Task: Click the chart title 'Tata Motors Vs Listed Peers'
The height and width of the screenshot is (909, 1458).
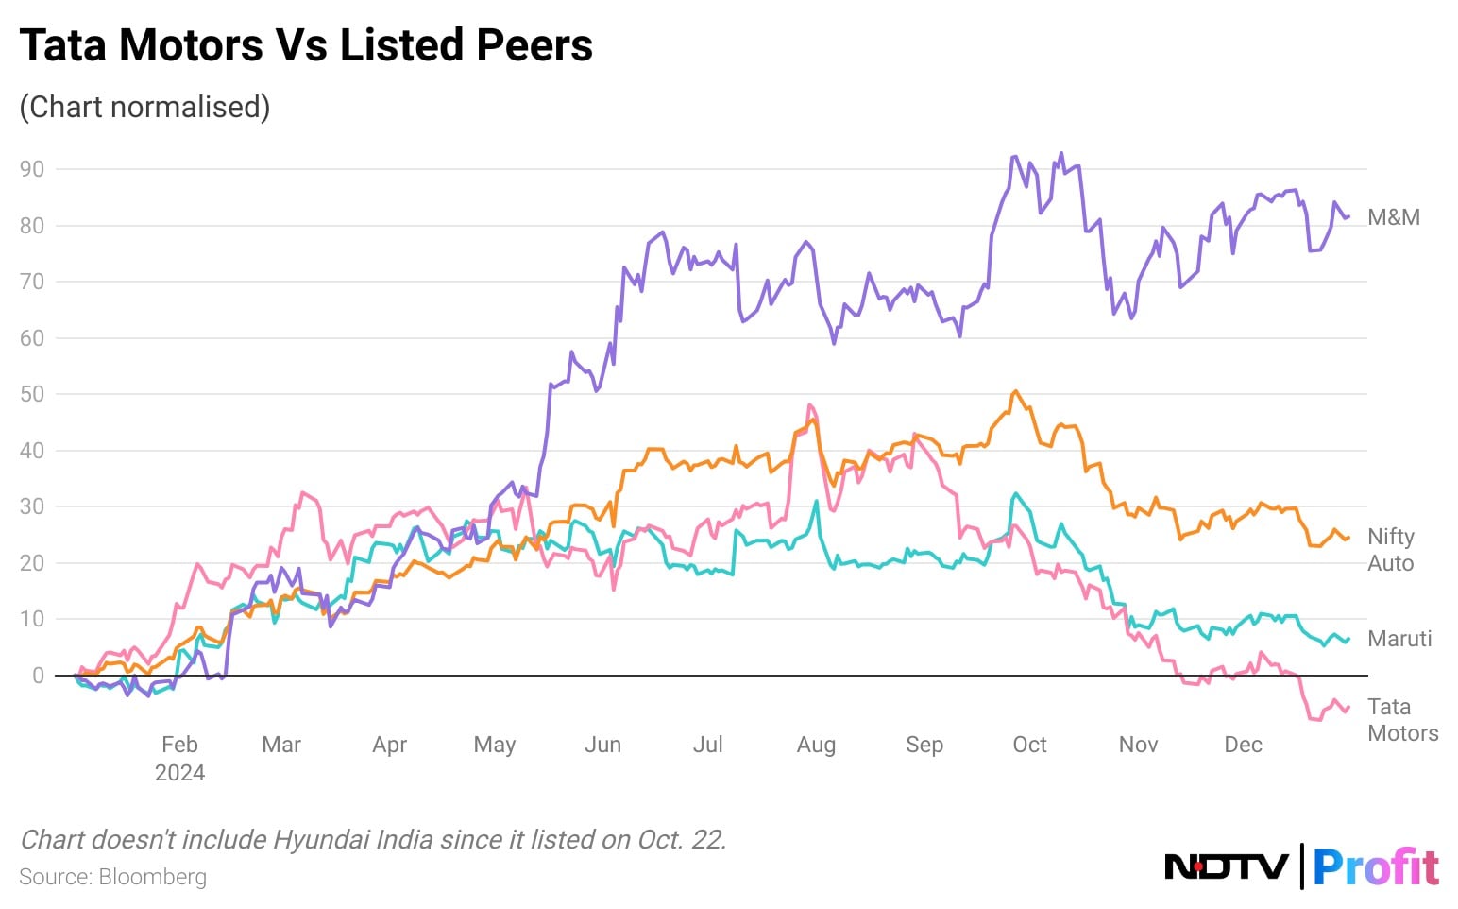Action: click(x=306, y=45)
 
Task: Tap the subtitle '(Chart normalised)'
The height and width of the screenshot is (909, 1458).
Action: click(x=144, y=107)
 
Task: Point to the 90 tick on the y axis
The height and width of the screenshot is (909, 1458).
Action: click(x=32, y=169)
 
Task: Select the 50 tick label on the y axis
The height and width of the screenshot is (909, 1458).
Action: click(x=32, y=394)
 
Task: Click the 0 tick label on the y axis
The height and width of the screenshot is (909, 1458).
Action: click(x=38, y=676)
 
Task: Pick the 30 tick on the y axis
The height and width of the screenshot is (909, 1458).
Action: click(x=32, y=506)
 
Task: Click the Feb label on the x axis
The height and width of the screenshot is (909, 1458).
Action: click(x=179, y=745)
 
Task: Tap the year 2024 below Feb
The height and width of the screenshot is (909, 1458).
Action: click(x=179, y=773)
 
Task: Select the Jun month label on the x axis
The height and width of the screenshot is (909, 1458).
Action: click(x=602, y=745)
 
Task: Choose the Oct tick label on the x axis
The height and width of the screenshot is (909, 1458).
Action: click(x=1029, y=745)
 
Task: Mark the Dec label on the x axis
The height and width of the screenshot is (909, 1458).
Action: click(x=1243, y=745)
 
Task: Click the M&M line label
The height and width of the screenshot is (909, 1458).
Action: click(x=1394, y=217)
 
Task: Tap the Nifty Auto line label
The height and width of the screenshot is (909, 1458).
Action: click(x=1391, y=550)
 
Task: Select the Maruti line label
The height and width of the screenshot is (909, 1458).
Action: click(x=1399, y=639)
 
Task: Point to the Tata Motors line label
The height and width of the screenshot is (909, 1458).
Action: click(x=1402, y=720)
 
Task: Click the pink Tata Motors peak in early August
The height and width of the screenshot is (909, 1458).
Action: click(x=809, y=405)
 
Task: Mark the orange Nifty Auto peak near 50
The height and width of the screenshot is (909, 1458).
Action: click(x=1015, y=391)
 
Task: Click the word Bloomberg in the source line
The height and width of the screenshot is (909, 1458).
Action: click(x=152, y=877)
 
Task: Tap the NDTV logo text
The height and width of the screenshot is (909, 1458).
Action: click(x=1226, y=866)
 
